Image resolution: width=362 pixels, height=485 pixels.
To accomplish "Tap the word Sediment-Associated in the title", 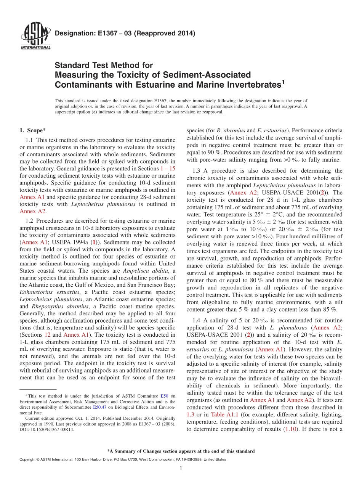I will click(205, 74).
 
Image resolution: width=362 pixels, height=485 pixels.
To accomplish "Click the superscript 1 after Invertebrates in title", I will click(283, 81).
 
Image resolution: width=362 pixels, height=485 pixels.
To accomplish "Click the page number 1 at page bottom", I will click(181, 468).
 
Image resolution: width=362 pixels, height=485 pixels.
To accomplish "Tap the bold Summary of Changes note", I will click(181, 451).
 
